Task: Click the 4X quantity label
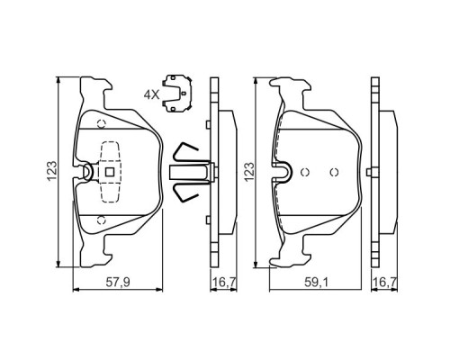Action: click(x=150, y=93)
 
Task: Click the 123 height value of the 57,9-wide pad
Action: click(x=53, y=168)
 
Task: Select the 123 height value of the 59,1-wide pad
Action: click(x=249, y=168)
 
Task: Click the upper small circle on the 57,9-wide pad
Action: click(x=101, y=124)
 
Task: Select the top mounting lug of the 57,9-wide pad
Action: click(x=95, y=88)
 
